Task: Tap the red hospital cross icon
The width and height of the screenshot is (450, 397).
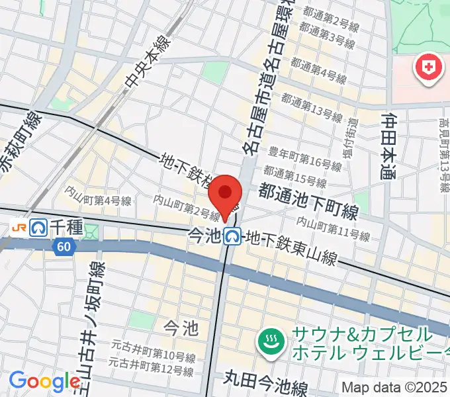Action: pyautogui.click(x=428, y=68)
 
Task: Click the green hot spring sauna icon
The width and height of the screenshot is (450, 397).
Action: pyautogui.click(x=271, y=343)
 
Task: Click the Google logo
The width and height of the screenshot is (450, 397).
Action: pyautogui.click(x=44, y=382)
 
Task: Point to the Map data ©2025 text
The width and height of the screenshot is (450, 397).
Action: pyautogui.click(x=395, y=387)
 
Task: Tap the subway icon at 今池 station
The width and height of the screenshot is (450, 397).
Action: pyautogui.click(x=232, y=235)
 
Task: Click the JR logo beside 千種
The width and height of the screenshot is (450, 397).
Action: pyautogui.click(x=19, y=227)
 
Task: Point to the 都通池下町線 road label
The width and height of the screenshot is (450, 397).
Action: pyautogui.click(x=308, y=202)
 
